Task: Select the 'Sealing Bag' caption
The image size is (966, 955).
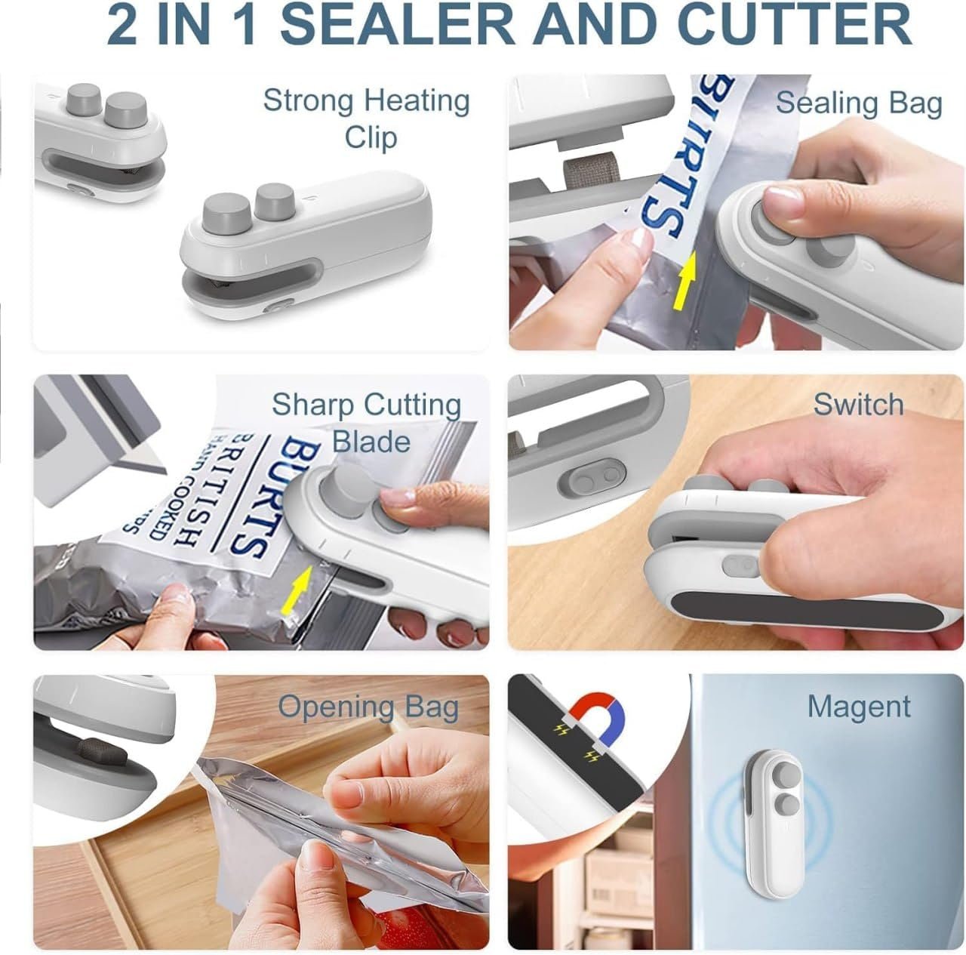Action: tap(859, 103)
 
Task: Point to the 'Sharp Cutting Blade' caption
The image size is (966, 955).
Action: tap(368, 423)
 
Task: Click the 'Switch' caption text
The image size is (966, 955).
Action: tap(858, 405)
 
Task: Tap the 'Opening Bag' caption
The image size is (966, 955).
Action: tap(368, 707)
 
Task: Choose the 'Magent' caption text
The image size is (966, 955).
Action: tap(859, 707)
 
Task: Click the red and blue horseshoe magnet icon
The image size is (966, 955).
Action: tap(596, 714)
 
